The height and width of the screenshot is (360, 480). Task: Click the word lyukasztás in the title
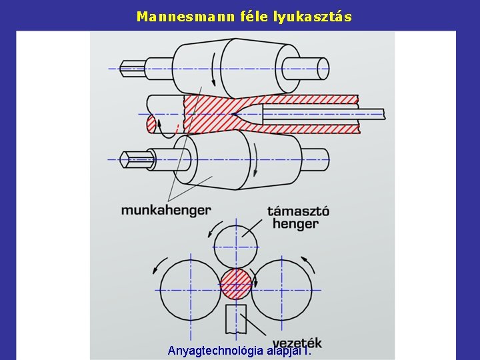tap(313, 16)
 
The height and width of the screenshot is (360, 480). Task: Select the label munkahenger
tap(165, 210)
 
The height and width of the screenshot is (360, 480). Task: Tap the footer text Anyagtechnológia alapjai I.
tap(239, 351)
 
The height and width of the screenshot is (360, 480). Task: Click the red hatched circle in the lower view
tap(237, 283)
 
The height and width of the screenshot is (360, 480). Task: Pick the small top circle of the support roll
tap(237, 246)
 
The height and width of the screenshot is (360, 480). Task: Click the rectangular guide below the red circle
tap(236, 319)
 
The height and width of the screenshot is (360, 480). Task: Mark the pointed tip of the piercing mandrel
tap(235, 115)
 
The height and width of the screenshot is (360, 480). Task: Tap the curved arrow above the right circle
tap(307, 261)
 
